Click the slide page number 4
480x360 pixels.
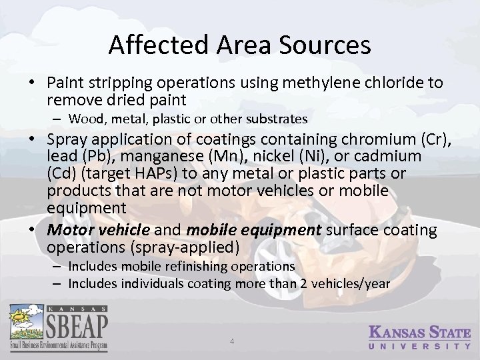point(232,341)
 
